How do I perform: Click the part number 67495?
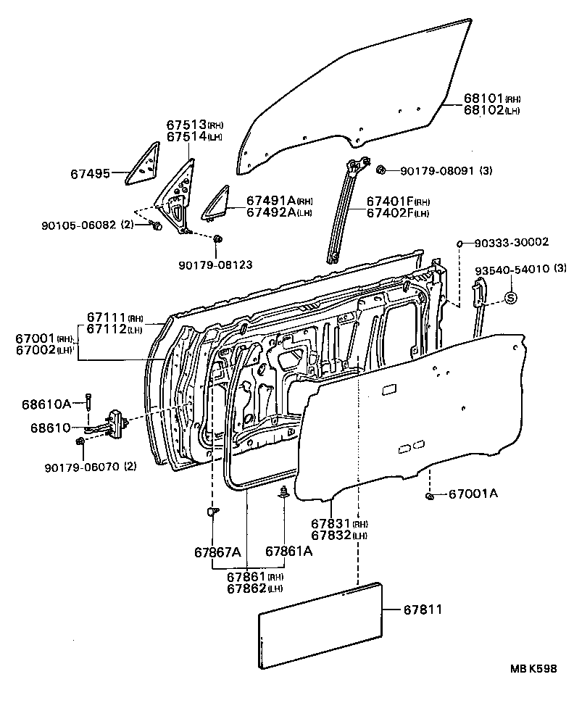(91, 174)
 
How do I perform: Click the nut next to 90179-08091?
(380, 170)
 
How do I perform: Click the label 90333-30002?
(512, 242)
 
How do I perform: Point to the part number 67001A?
(473, 494)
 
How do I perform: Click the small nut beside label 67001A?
(429, 496)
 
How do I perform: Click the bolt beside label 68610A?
(88, 401)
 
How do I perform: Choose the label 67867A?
(216, 552)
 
